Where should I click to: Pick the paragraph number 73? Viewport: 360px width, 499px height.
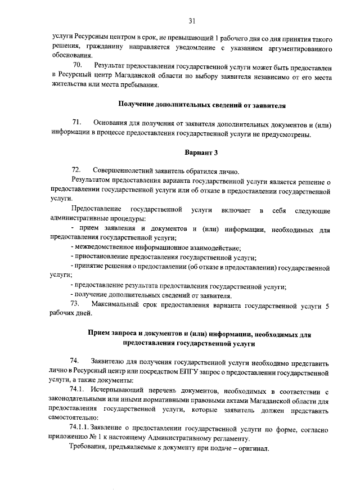click(x=76, y=305)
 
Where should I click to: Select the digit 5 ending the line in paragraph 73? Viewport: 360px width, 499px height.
click(x=328, y=305)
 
